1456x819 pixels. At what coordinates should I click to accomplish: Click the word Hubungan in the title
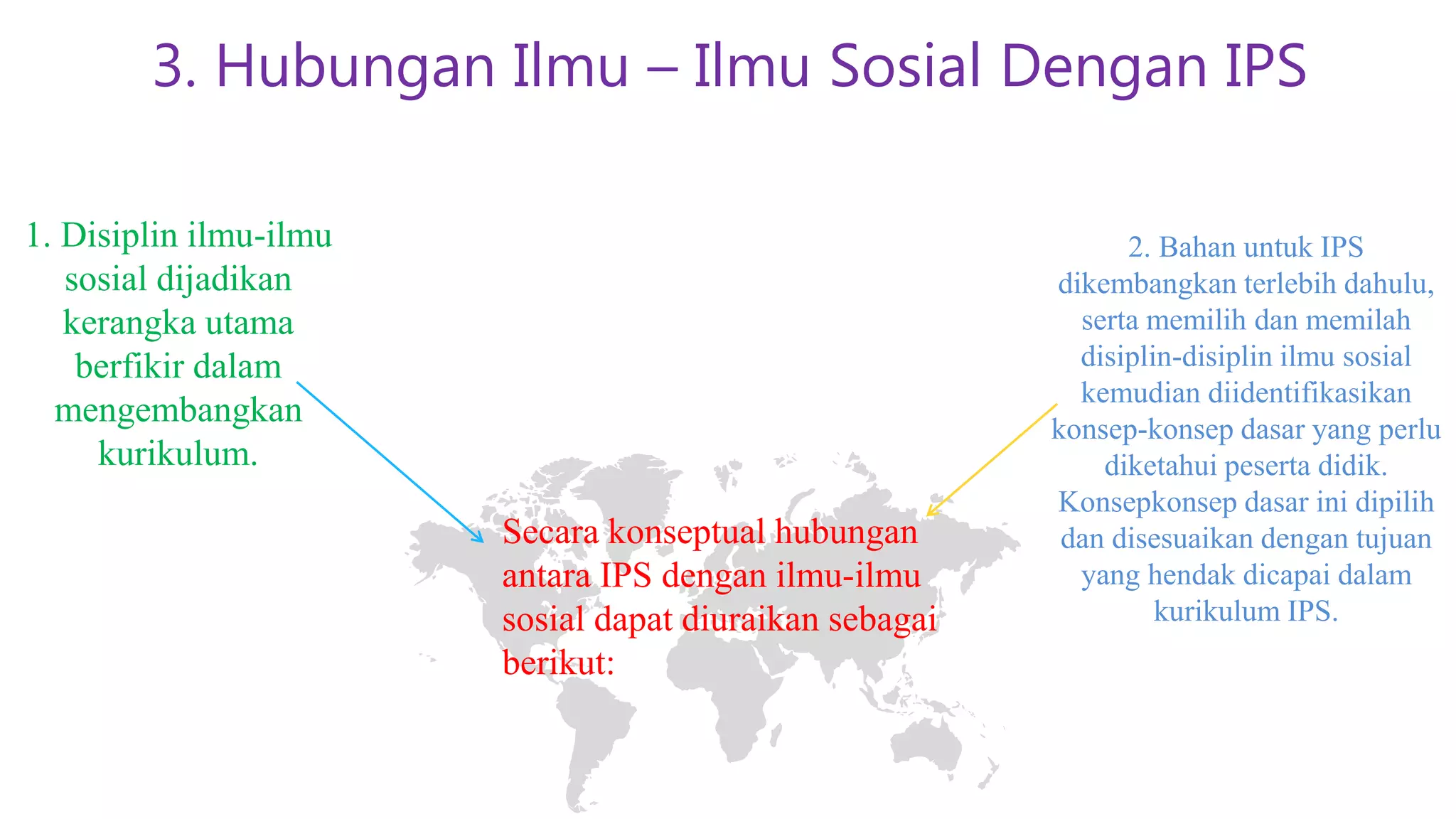(x=355, y=66)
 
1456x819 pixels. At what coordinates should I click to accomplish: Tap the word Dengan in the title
(x=1101, y=66)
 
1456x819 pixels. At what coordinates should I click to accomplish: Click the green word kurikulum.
(x=178, y=454)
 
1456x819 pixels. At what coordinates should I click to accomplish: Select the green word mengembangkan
(x=178, y=410)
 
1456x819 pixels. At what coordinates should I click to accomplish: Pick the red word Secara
(x=550, y=532)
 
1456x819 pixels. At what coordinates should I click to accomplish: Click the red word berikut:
(x=558, y=663)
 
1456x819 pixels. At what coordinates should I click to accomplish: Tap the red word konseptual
(x=686, y=532)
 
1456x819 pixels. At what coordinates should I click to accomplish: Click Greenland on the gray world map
(x=626, y=483)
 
